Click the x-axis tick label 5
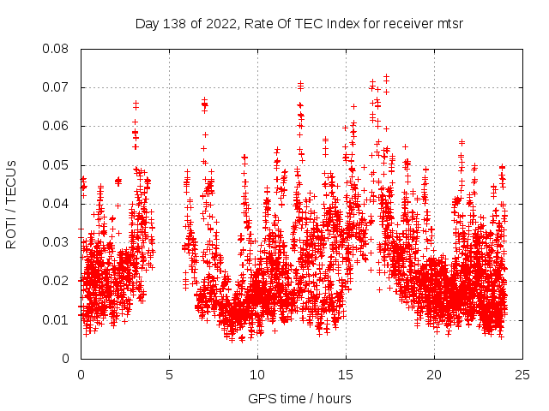tap(170, 374)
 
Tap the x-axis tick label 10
tap(258, 374)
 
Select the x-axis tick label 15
tap(347, 374)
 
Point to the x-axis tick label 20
tap(435, 374)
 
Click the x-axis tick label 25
tap(523, 374)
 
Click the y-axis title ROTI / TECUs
tap(12, 204)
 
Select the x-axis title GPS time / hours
tap(299, 398)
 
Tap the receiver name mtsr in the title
tap(448, 23)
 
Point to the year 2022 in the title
tap(220, 23)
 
